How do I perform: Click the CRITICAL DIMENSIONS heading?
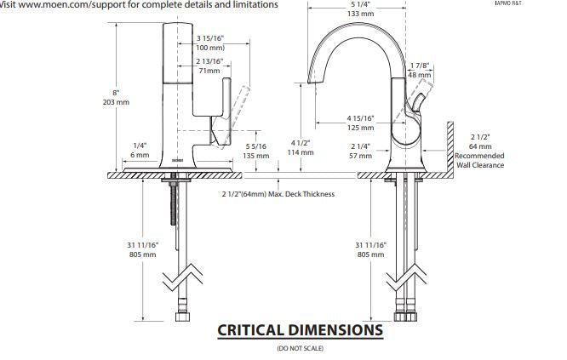click(300, 329)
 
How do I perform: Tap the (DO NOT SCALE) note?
click(300, 348)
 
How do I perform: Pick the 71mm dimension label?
click(209, 71)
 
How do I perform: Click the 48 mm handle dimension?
click(420, 75)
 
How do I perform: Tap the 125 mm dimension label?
click(360, 128)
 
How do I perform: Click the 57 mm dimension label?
click(360, 156)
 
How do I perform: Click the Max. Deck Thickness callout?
click(278, 195)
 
